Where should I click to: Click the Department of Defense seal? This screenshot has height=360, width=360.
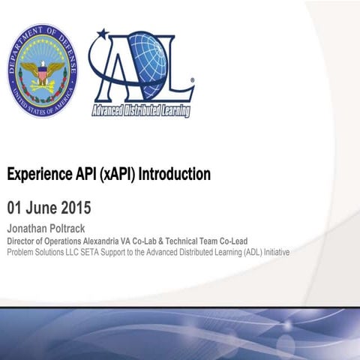[43, 70]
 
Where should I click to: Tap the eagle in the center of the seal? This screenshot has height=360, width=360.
[43, 73]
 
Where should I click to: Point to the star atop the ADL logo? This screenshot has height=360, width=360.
[103, 33]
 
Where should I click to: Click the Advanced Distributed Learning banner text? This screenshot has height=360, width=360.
[140, 111]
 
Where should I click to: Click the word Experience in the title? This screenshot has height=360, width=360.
[37, 175]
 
